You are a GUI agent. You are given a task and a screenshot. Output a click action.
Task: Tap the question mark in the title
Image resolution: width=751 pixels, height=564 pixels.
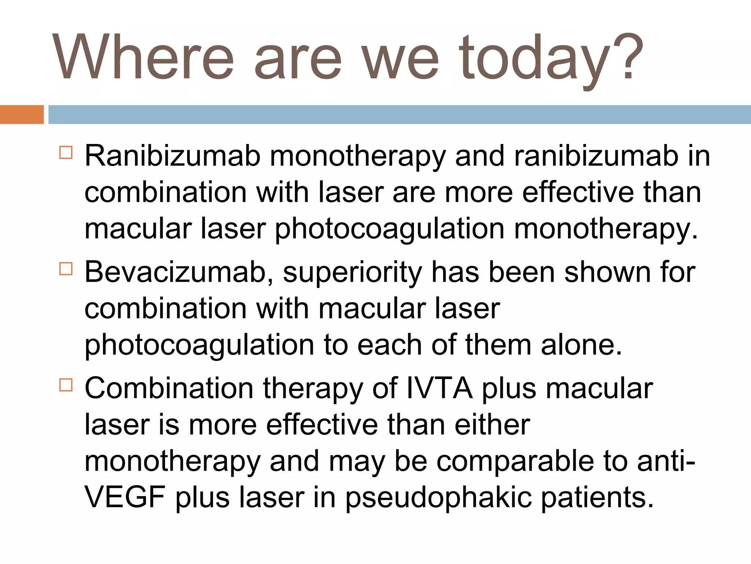(x=627, y=57)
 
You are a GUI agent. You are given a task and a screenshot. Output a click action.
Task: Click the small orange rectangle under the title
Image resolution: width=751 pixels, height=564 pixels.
(x=22, y=115)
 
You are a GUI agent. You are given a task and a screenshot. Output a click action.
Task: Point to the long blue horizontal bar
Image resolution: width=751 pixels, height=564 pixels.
(x=399, y=115)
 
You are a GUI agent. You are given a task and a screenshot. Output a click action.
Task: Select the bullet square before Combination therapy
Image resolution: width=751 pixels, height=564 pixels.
(x=66, y=385)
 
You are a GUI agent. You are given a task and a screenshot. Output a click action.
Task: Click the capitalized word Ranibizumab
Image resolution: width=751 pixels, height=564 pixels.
(x=172, y=156)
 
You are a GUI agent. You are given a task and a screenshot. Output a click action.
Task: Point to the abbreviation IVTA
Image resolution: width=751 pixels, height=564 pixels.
(x=439, y=388)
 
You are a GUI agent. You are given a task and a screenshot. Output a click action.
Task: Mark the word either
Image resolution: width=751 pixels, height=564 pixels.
(x=492, y=425)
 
